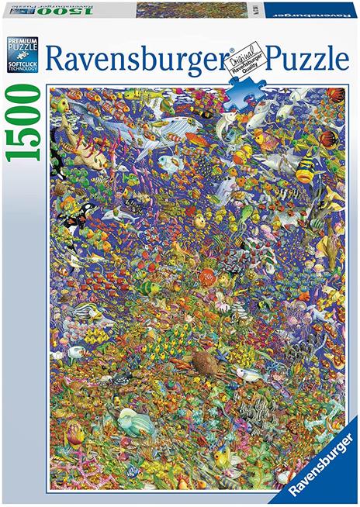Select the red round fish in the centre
pyautogui.click(x=207, y=276)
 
